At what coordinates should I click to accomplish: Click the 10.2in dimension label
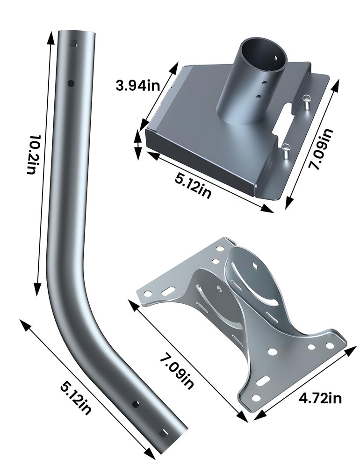(32, 154)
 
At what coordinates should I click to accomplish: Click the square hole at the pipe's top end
(72, 44)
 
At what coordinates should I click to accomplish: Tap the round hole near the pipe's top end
(71, 83)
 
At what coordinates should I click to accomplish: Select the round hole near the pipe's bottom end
(137, 403)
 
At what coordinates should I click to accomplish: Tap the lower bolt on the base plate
(286, 151)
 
